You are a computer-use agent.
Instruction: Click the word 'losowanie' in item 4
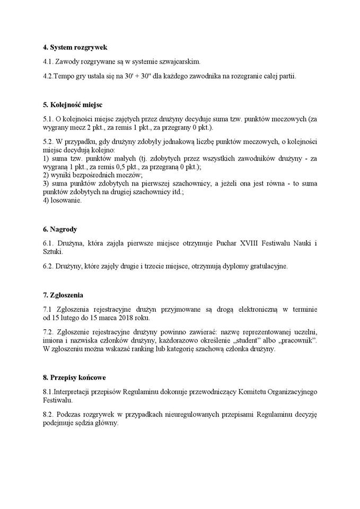pyautogui.click(x=66, y=200)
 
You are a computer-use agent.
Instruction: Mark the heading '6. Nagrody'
pyautogui.click(x=60, y=230)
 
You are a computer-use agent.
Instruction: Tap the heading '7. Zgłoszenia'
pyautogui.click(x=63, y=295)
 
